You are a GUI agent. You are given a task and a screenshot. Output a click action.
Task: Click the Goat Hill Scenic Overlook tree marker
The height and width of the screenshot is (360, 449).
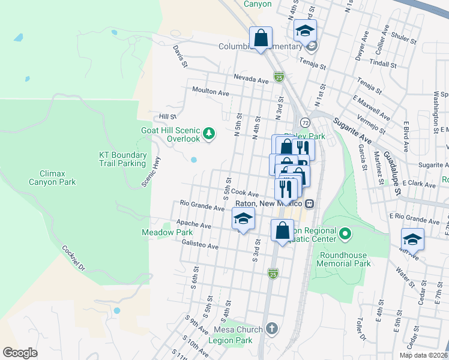[209, 133]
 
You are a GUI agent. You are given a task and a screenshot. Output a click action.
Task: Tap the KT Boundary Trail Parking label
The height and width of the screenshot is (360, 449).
[122, 159]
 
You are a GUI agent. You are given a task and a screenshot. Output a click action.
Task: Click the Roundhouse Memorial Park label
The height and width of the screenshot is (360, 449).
[343, 259]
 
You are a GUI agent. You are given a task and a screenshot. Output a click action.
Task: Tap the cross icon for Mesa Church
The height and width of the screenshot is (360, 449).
[272, 329]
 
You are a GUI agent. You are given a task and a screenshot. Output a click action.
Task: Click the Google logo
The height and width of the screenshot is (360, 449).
[20, 353]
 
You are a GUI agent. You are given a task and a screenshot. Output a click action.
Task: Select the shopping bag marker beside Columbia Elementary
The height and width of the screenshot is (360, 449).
[261, 38]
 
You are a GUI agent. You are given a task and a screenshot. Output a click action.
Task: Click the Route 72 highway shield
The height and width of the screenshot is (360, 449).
[305, 122]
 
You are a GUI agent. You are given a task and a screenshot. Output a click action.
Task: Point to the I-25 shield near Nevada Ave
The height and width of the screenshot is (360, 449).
[279, 77]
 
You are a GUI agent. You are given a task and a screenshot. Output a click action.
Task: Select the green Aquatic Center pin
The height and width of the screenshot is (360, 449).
[345, 233]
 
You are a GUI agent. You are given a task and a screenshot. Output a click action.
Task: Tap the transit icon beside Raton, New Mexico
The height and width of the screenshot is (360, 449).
[310, 203]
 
